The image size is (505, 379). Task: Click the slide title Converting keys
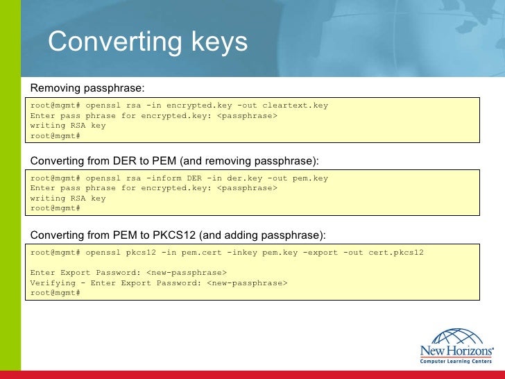(147, 42)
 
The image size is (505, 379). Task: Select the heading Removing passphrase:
(87, 88)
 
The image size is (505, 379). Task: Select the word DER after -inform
(196, 178)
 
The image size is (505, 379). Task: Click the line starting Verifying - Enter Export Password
(158, 283)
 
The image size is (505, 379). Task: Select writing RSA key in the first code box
(68, 126)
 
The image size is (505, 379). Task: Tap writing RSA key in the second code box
(68, 198)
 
